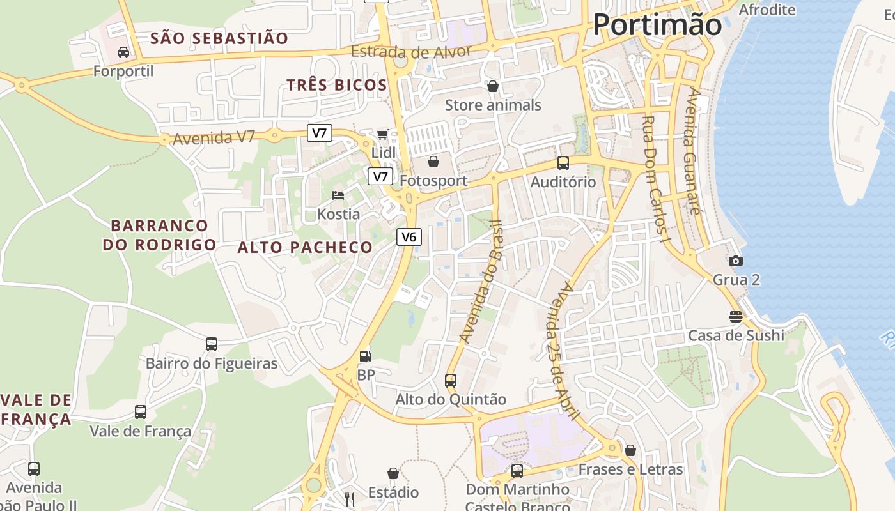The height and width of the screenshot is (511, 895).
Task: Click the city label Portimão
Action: point(657,25)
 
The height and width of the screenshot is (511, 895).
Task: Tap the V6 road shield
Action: point(409,237)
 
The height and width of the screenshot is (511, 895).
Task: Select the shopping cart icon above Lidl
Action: point(383,134)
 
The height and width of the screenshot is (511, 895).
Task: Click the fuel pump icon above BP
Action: point(365,356)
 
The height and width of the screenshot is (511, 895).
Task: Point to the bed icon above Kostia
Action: point(338,195)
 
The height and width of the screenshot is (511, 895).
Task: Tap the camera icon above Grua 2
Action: point(736,261)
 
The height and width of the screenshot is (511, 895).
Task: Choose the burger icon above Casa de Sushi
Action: point(736,316)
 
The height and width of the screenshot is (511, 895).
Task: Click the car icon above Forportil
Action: point(123,52)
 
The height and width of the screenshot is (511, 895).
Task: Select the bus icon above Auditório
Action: point(563,163)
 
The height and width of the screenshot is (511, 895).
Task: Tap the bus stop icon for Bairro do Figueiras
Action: point(212,344)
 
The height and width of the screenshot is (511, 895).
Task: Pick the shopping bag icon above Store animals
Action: point(493,86)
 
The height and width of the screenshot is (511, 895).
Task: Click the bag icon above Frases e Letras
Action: point(630,450)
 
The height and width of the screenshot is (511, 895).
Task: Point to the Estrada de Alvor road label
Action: point(412,52)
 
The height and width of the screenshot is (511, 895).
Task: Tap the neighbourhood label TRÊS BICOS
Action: point(336,85)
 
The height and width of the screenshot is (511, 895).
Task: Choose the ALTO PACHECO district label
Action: point(305,247)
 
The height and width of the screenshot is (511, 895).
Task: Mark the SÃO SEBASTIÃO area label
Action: point(219,38)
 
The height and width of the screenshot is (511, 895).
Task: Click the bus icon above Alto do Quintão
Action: point(451,381)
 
